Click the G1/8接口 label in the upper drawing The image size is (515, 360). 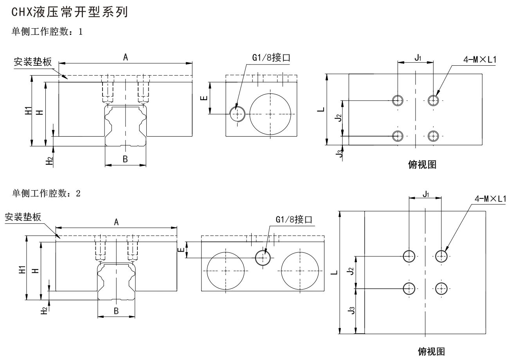point(271,58)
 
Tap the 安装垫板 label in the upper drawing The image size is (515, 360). point(32,62)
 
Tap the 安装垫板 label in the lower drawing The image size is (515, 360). point(23,217)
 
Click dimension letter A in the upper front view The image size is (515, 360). point(126,57)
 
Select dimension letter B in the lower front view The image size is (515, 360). point(116,311)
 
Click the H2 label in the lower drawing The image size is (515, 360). point(45,310)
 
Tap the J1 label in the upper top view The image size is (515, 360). point(418,58)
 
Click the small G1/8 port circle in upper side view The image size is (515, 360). point(237,114)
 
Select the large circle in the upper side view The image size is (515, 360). point(270,114)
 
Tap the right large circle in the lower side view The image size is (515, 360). point(299,271)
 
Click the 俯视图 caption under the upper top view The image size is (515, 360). point(422,165)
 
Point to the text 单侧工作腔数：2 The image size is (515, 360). point(47,193)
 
